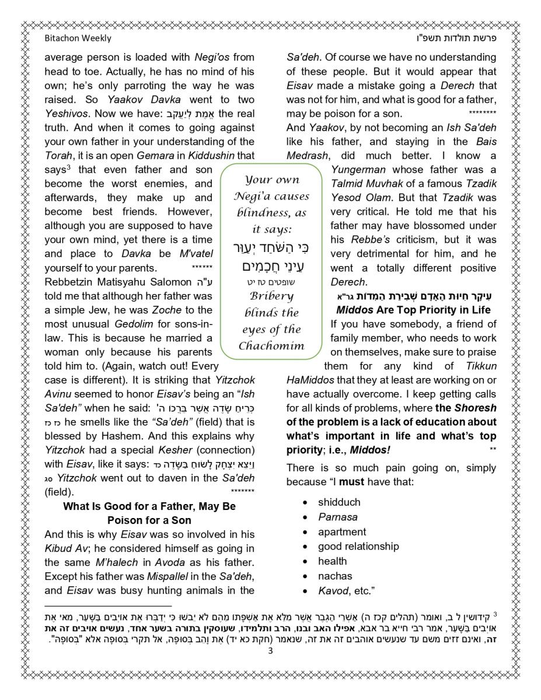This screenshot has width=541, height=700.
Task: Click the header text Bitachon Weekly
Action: (x=78, y=38)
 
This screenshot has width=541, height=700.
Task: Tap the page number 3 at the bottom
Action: (x=270, y=652)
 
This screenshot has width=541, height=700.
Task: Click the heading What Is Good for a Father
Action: (x=149, y=506)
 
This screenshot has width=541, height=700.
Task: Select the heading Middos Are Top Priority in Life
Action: (x=413, y=310)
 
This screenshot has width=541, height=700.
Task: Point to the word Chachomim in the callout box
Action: (x=271, y=345)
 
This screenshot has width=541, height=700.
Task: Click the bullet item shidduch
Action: (x=339, y=502)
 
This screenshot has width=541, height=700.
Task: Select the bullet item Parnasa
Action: (x=338, y=517)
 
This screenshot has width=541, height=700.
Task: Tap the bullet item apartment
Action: (x=342, y=532)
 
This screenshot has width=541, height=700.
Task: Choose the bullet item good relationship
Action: (x=358, y=547)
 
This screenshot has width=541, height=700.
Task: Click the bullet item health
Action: (x=332, y=561)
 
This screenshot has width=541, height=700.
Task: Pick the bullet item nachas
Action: (x=335, y=576)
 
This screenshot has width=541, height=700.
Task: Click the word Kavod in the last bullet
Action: (x=333, y=591)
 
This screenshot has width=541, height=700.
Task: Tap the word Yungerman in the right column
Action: (x=358, y=170)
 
